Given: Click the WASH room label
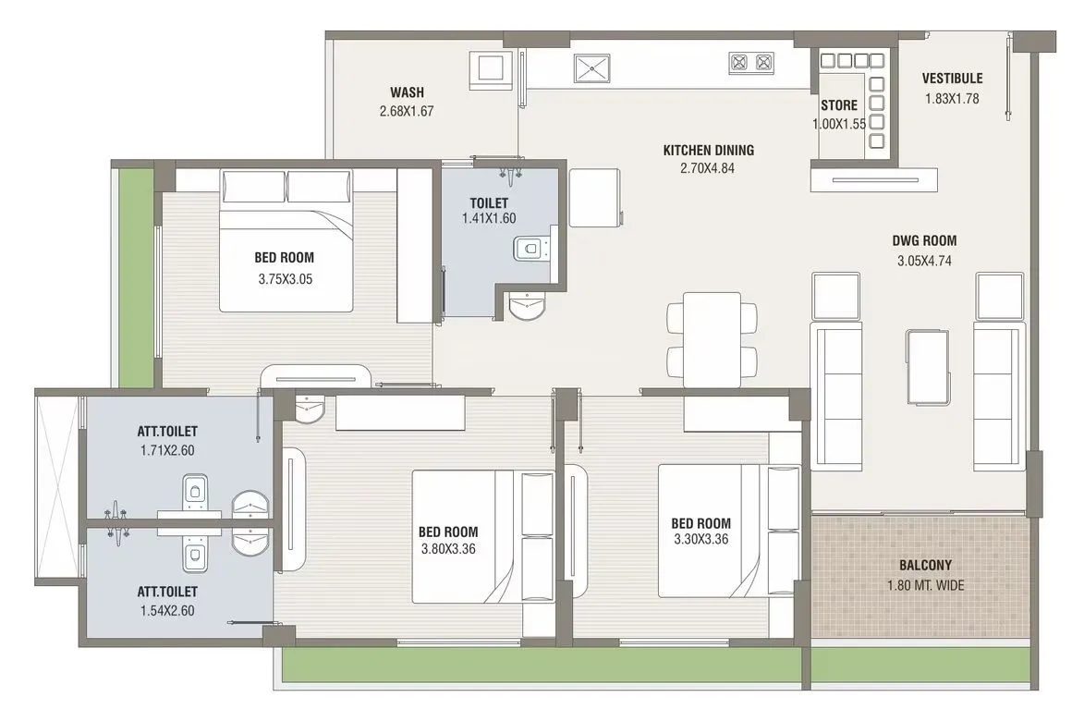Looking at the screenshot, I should point(407,92).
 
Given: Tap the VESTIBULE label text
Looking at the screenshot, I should point(952,79).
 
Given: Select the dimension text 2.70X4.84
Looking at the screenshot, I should point(707,168).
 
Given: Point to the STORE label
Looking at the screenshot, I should point(839,105).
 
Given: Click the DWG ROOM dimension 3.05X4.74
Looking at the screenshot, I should point(924,261).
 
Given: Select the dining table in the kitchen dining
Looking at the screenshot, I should point(712,339).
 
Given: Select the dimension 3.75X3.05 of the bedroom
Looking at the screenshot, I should point(285,277).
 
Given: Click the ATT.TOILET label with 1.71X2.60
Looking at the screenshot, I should point(167,431).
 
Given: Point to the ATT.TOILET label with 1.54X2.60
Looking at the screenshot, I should point(167,591).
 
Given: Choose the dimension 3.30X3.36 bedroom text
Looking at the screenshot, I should point(700,540).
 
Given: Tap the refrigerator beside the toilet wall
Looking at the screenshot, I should point(592,197).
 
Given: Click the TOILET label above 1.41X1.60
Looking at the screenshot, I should point(489,202).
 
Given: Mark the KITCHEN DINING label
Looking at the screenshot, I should point(708,150).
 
